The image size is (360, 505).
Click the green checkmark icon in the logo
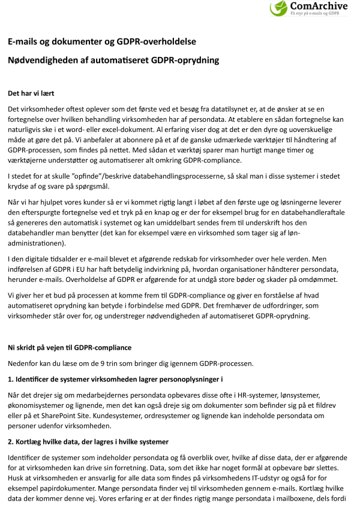click(280, 8)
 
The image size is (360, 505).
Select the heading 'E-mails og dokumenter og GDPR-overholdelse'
click(101, 41)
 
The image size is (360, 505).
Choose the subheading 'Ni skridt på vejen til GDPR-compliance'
click(69, 347)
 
